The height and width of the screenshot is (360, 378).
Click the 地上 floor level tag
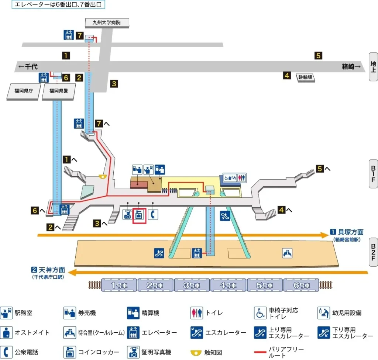(x=373, y=66)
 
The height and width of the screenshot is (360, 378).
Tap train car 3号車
(x=192, y=285)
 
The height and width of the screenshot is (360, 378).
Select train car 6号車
(x=301, y=285)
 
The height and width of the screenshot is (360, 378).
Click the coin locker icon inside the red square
(x=140, y=215)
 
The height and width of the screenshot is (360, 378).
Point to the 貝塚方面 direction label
(x=350, y=232)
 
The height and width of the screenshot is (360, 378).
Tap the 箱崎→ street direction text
(x=351, y=67)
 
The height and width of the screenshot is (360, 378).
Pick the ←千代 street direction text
(x=28, y=67)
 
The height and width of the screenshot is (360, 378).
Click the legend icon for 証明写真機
(x=133, y=352)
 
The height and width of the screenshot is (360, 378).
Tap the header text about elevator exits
(x=58, y=5)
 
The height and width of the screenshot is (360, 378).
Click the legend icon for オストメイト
(x=6, y=333)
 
